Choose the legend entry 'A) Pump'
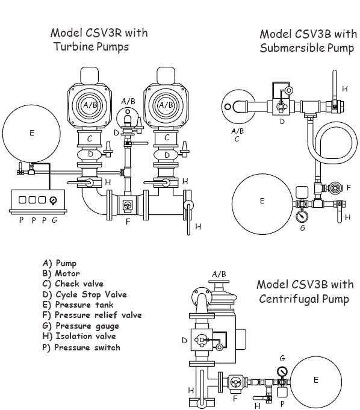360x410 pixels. coord(60,262)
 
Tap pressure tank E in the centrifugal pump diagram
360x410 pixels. coord(316,380)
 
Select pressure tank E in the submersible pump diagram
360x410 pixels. coord(262,201)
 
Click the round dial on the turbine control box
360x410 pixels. coord(55,199)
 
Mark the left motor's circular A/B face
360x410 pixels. coord(90,104)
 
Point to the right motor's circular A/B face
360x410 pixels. coord(166,104)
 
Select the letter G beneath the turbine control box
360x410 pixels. coord(55,220)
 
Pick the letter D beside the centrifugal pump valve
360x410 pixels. coord(184,341)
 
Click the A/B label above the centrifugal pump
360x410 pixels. coord(219,274)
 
